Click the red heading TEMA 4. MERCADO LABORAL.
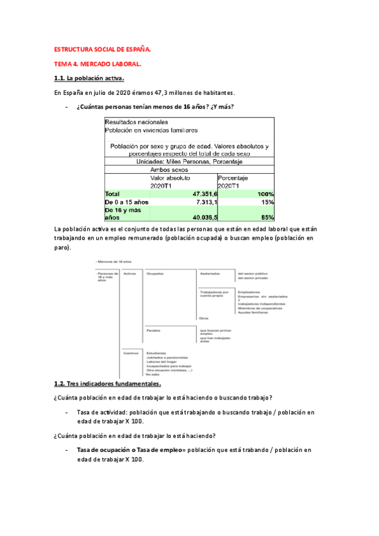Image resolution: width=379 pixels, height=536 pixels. pyautogui.click(x=99, y=64)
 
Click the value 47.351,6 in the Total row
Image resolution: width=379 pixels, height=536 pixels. pyautogui.click(x=199, y=194)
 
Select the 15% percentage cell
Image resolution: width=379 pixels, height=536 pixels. pyautogui.click(x=267, y=202)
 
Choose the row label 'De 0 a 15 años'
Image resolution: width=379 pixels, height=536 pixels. pyautogui.click(x=127, y=202)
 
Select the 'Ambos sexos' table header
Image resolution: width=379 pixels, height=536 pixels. pyautogui.click(x=170, y=170)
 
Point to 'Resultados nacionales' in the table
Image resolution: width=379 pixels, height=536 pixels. pyautogui.click(x=137, y=121)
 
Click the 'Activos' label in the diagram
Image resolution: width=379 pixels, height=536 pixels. pyautogui.click(x=130, y=274)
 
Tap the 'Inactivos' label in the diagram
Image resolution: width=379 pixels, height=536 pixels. pyautogui.click(x=132, y=352)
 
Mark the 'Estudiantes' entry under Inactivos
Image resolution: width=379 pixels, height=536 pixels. pyautogui.click(x=156, y=352)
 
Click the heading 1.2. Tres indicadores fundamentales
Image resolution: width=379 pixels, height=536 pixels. pyautogui.click(x=109, y=384)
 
